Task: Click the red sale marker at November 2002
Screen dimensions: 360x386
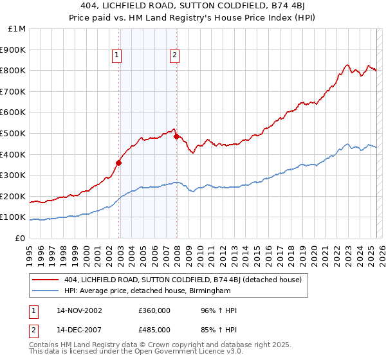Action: click(x=119, y=163)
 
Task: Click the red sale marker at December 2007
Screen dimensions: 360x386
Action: click(x=176, y=136)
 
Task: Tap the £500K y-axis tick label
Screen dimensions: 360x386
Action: click(x=14, y=134)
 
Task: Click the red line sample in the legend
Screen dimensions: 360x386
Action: click(x=46, y=279)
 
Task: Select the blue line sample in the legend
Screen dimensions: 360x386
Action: click(x=46, y=291)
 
